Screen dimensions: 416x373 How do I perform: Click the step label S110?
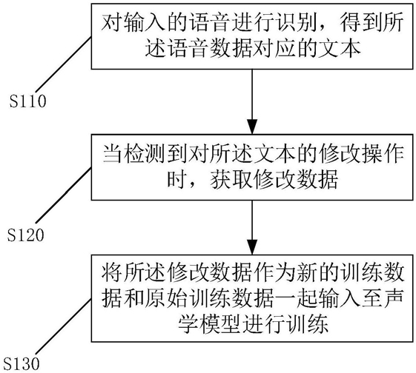(x=28, y=101)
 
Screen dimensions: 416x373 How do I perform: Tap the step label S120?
(x=25, y=235)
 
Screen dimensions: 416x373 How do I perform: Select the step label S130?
(x=22, y=363)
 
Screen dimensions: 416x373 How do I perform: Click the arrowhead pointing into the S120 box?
(x=252, y=127)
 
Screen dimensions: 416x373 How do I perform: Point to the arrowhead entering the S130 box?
(x=252, y=247)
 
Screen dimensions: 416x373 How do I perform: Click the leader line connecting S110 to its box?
(x=64, y=65)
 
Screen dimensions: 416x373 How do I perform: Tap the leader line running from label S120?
(x=64, y=195)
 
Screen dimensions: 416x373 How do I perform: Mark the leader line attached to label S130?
(x=64, y=326)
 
